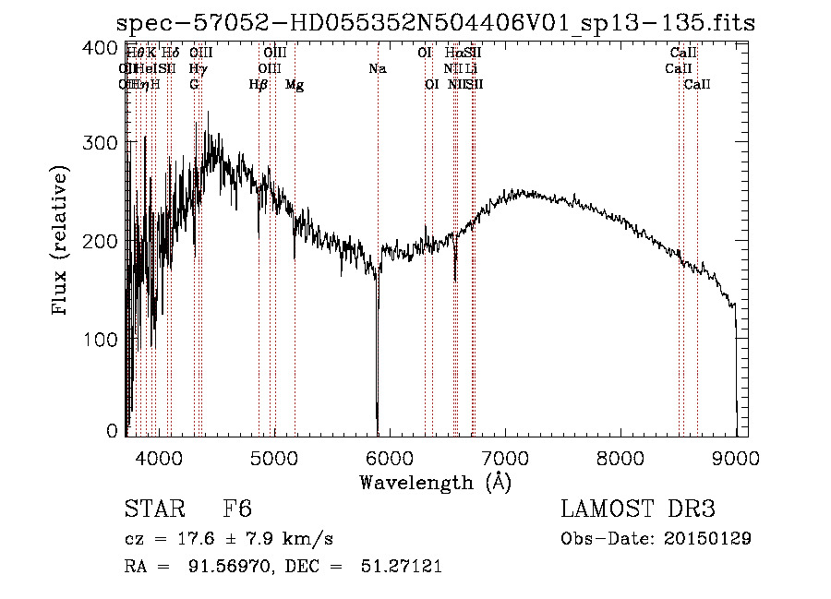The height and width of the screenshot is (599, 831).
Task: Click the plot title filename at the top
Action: [437, 24]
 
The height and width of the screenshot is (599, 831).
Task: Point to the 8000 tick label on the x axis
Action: [620, 458]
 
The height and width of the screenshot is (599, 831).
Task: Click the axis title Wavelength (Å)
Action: [435, 482]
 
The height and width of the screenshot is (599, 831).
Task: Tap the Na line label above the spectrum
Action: [377, 68]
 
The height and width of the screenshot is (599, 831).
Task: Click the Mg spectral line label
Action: [295, 84]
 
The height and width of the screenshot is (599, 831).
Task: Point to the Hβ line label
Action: [259, 84]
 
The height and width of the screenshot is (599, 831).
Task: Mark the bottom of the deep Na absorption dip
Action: [378, 420]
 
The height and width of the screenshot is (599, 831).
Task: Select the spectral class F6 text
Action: [237, 509]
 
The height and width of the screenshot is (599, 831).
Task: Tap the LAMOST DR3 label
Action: [637, 509]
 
